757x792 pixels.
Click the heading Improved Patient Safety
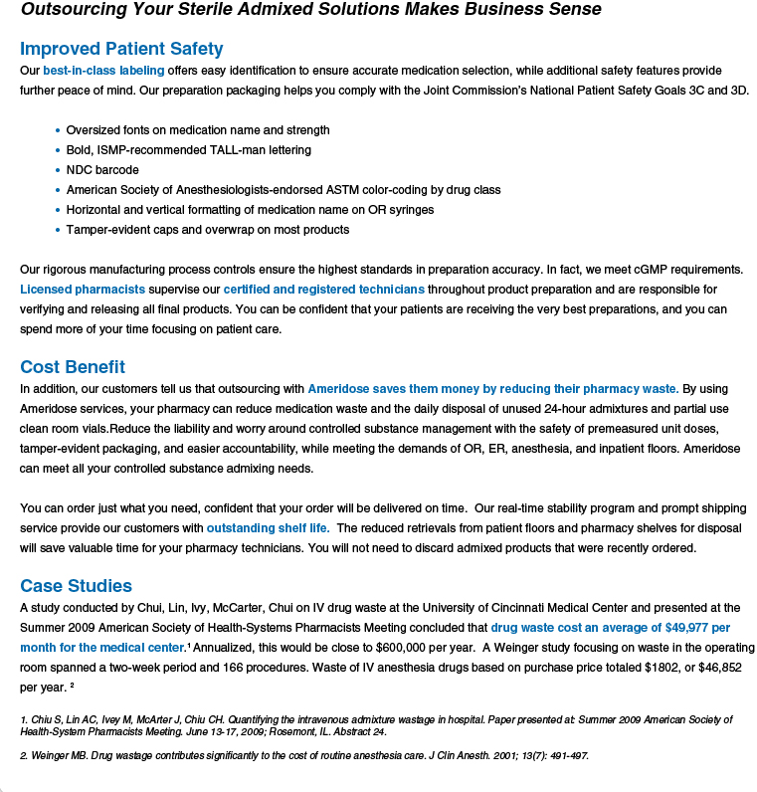point(121,49)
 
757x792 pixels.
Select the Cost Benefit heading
point(73,367)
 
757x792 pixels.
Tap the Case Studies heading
point(76,585)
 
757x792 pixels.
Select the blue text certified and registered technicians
point(323,290)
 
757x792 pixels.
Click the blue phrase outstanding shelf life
point(268,527)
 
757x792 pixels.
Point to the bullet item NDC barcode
point(102,170)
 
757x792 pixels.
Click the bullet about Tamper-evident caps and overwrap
point(208,230)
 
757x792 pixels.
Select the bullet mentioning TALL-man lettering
point(189,150)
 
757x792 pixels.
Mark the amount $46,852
point(713,668)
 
